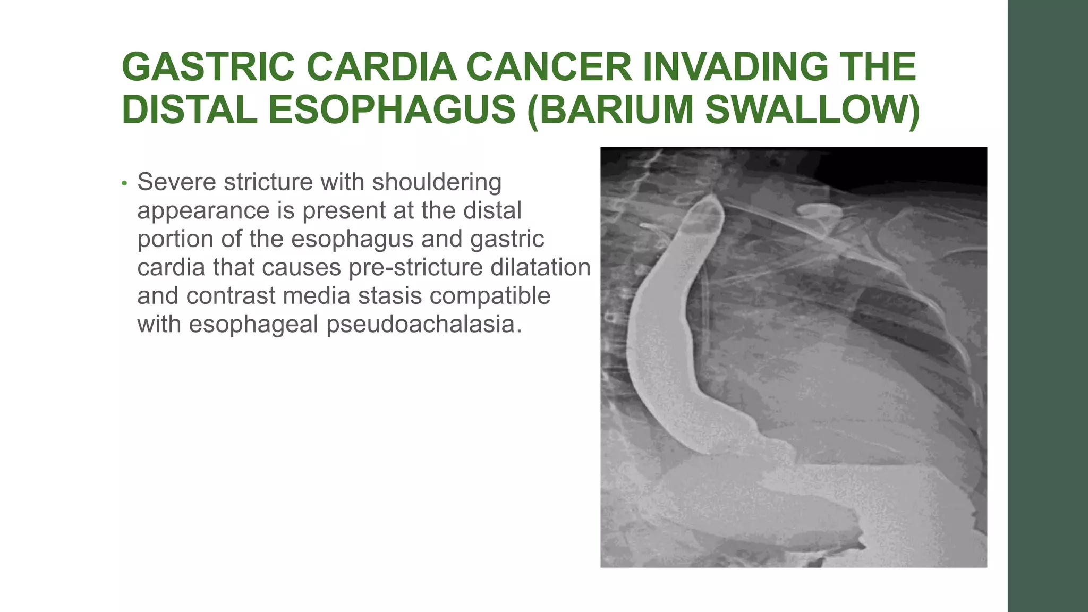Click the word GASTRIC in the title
pos(208,67)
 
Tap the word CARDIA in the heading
pos(381,67)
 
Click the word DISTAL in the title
pos(190,110)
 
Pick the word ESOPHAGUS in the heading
pos(392,110)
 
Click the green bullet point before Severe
pos(124,183)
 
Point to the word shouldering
pos(437,182)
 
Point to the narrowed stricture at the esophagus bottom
pos(754,425)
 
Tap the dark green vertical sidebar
pos(1048,306)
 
